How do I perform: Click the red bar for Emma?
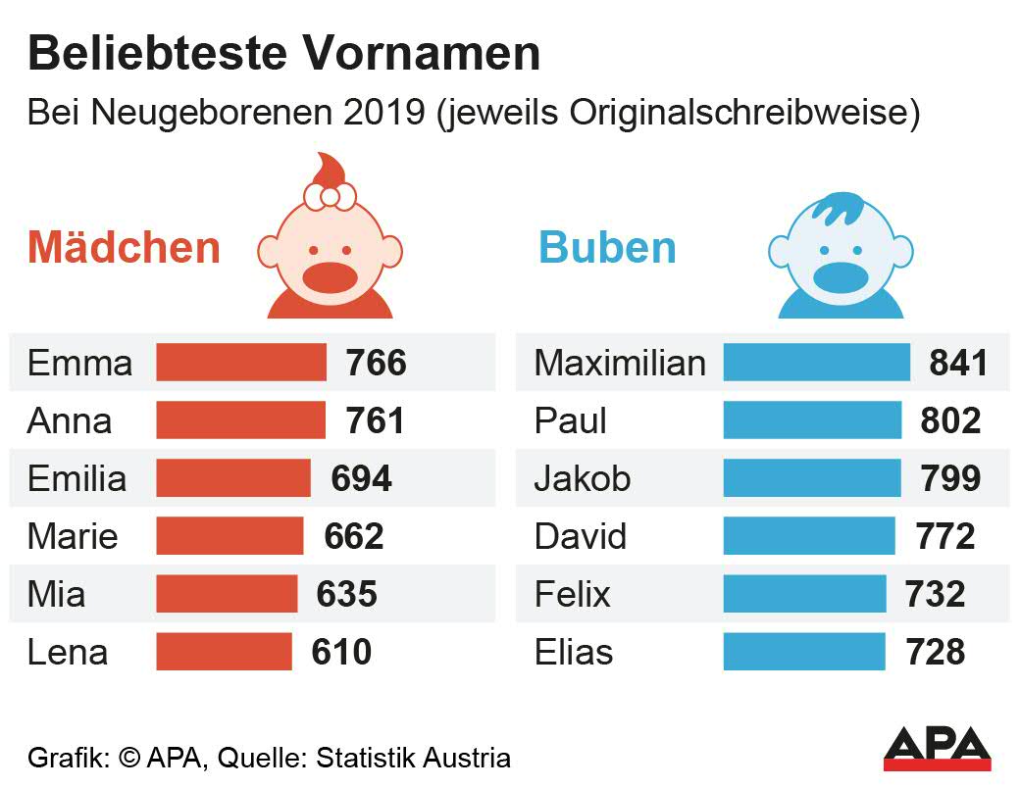[x=241, y=362]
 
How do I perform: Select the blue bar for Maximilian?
[x=816, y=362]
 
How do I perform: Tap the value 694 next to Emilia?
[x=361, y=478]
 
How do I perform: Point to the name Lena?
[x=68, y=652]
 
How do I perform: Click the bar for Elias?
[x=804, y=652]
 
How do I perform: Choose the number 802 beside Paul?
[x=950, y=420]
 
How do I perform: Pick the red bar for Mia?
[x=227, y=594]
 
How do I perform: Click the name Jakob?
[x=583, y=478]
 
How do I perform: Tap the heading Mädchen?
[x=124, y=247]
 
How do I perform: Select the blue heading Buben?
[x=607, y=247]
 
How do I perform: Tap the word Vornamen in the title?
[x=421, y=53]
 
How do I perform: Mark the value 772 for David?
[x=945, y=536]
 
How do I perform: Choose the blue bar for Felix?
[x=804, y=594]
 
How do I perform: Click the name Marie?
[x=73, y=536]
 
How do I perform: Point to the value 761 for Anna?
[x=375, y=420]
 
